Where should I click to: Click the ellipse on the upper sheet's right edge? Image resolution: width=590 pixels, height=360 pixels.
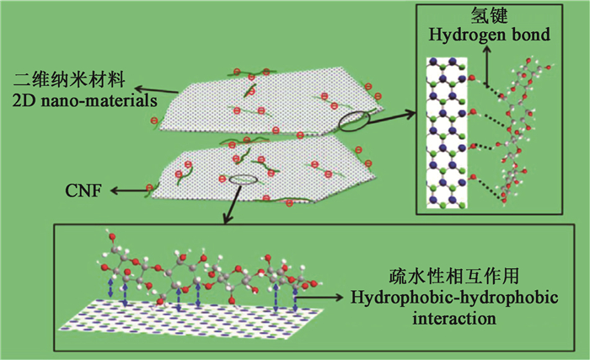(352, 122)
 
